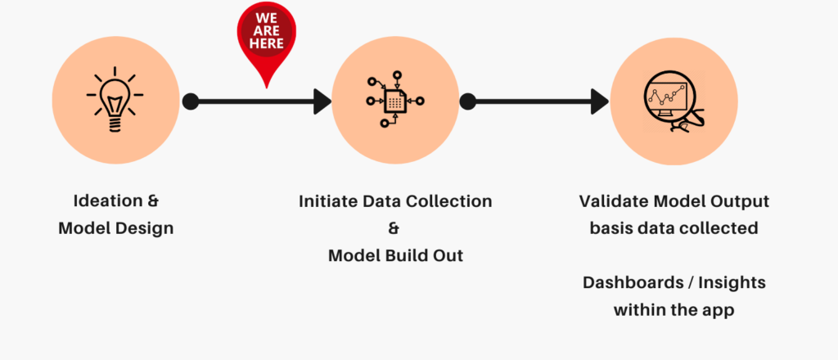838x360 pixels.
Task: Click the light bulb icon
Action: (x=115, y=100)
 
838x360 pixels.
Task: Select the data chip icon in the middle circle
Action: (x=395, y=101)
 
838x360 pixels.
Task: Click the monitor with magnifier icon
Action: (x=674, y=102)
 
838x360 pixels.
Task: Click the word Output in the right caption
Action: (x=740, y=201)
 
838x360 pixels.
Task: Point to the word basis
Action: (x=611, y=228)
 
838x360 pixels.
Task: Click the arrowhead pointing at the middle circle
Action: (x=322, y=101)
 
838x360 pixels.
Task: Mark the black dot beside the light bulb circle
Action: (x=190, y=101)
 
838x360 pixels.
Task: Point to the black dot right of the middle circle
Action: (x=468, y=101)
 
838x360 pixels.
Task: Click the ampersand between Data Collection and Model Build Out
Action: (x=395, y=228)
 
